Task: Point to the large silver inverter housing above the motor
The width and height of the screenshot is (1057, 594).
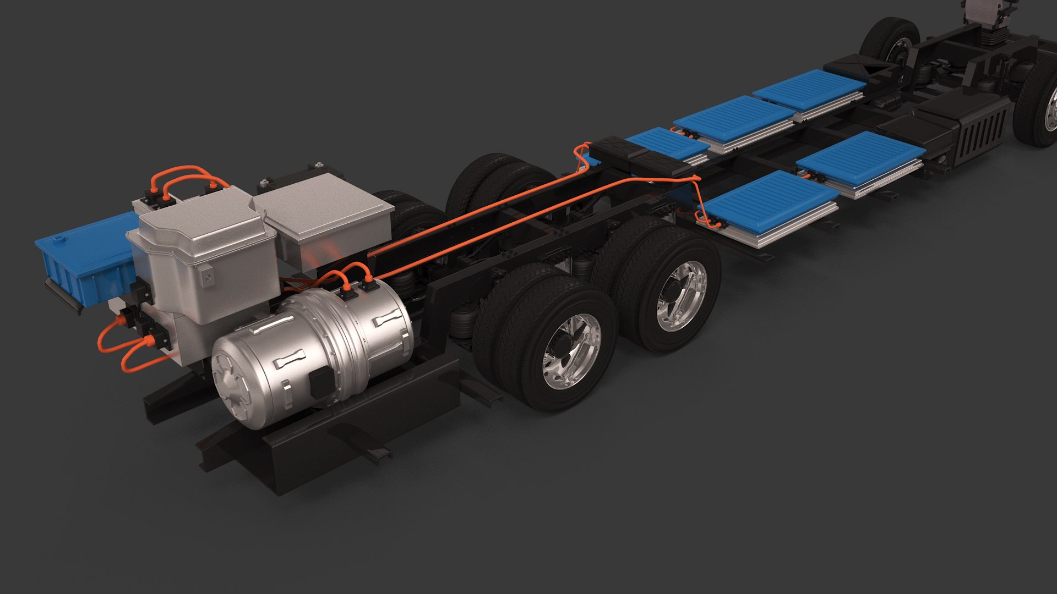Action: [x=206, y=248]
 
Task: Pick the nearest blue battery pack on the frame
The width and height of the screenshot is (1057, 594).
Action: [x=768, y=206]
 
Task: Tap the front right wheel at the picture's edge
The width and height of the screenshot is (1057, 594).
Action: [x=1040, y=105]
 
